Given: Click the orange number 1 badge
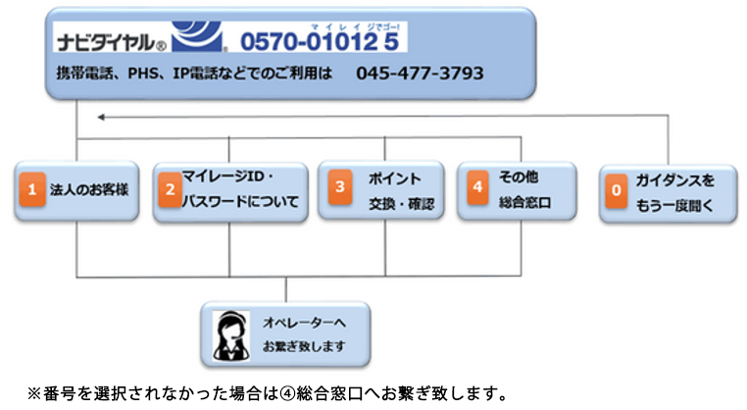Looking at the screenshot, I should coord(31,190).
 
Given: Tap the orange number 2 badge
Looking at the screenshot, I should coord(170,190).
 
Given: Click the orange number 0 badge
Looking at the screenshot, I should coord(615,192).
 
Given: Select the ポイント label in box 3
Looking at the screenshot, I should coord(394,179).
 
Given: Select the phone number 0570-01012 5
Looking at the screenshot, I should coord(322,42).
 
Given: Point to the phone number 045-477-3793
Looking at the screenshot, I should coord(420,74).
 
